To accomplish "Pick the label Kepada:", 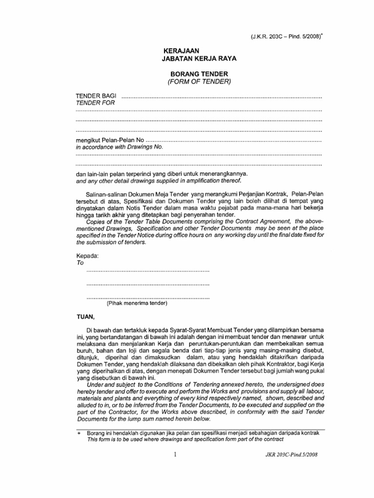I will pos(88,255).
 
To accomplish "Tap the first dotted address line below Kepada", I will pos(148,270).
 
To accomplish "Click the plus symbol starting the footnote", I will pos(79,433).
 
